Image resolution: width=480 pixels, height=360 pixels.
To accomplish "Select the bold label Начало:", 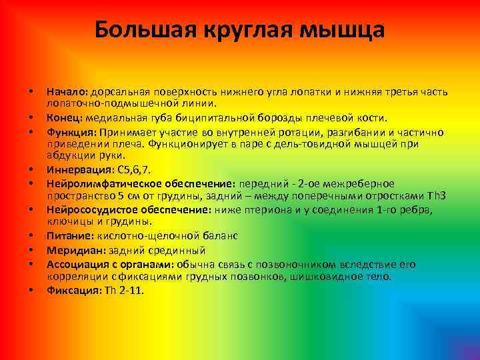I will pos(67,91).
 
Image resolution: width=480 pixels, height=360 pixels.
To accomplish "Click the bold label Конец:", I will pos(64,117).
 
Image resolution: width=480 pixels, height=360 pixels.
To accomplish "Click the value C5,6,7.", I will pos(128,170).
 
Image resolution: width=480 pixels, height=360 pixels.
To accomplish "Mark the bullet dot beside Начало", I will pos(31,92).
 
